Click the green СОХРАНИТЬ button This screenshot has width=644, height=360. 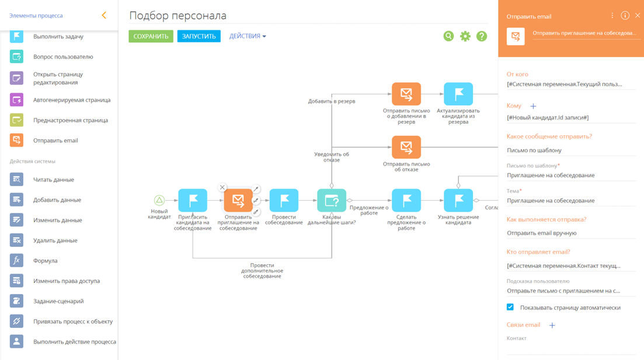(151, 36)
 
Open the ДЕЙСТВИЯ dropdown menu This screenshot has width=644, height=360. (247, 36)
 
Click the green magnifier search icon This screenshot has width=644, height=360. (448, 36)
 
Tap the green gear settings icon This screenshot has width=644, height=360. (465, 36)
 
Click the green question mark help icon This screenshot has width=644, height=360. (481, 36)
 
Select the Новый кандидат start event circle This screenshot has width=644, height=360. (159, 200)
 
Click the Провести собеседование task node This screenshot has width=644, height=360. (284, 200)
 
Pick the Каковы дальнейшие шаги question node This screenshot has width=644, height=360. (332, 200)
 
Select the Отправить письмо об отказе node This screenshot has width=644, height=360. (406, 147)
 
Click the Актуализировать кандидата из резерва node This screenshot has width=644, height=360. (458, 94)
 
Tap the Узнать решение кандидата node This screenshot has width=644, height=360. (458, 200)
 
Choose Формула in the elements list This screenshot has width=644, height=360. (45, 261)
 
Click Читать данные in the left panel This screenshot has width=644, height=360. (53, 180)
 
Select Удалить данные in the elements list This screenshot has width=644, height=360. (55, 240)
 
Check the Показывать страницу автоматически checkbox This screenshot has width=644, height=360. (510, 307)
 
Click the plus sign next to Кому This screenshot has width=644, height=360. (533, 106)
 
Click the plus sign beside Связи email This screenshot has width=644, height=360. (552, 325)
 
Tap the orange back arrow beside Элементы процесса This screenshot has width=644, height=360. (104, 15)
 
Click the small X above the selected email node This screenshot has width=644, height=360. (222, 187)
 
